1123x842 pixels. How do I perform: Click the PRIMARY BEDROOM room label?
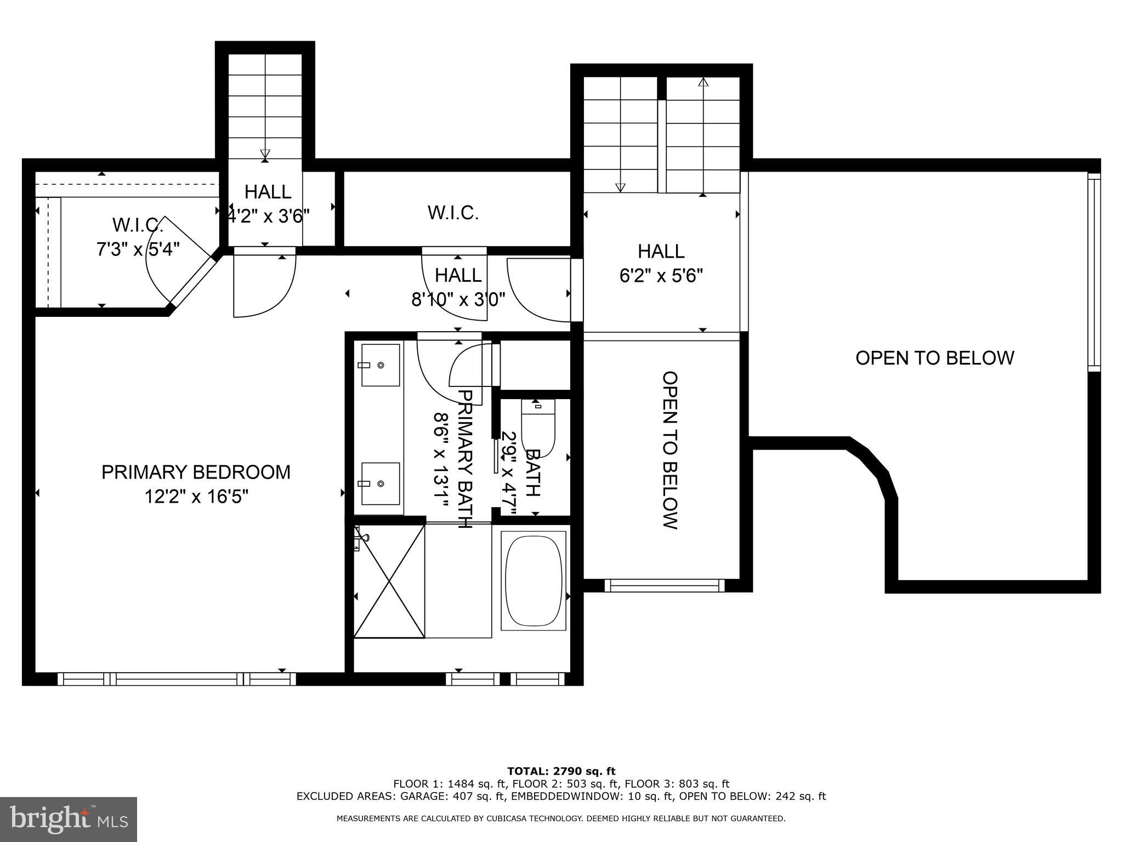pos(196,472)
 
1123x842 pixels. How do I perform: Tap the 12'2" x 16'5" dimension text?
pos(196,497)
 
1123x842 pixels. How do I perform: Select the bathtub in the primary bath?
pos(534,581)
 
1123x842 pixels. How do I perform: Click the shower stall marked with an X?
pos(389,581)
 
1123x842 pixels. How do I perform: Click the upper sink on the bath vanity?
pos(380,365)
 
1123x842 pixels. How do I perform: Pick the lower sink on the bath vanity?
pos(380,483)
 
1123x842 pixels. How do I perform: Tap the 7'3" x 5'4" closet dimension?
pos(138,249)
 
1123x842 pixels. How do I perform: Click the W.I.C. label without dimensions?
pos(453,213)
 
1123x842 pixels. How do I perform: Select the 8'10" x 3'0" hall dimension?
pos(458,300)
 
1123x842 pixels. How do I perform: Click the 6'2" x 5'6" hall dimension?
pos(661,275)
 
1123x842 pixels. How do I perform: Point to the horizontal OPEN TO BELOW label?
pos(934,358)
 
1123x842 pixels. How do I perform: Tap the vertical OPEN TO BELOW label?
pos(670,450)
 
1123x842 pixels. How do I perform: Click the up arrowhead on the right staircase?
pos(702,82)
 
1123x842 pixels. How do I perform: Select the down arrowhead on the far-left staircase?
pos(265,154)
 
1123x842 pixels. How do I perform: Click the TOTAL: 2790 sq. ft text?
pos(561,771)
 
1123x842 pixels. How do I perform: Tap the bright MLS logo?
pos(68,819)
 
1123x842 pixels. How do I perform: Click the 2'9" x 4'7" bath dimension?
pos(509,474)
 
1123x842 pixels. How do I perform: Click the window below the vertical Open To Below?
pos(664,585)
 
